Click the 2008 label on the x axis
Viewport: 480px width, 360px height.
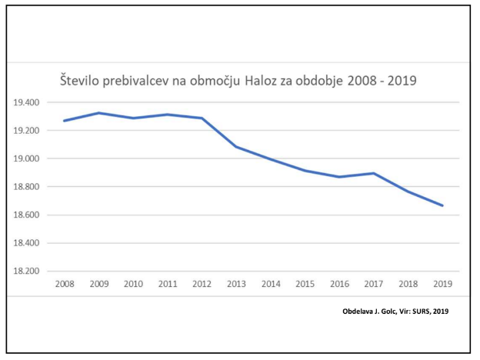(x=65, y=284)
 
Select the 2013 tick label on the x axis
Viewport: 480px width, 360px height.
(x=235, y=284)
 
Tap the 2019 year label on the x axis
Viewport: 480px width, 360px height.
(x=442, y=284)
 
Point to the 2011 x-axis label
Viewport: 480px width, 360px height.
(x=167, y=284)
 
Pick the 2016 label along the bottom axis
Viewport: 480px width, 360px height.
(x=338, y=284)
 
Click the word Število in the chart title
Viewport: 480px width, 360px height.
(x=83, y=80)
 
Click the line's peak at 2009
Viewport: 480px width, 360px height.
(x=98, y=113)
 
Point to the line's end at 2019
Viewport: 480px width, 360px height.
(x=442, y=205)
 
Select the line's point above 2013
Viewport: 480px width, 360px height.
(x=235, y=146)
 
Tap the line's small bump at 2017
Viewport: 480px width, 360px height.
(x=373, y=173)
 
